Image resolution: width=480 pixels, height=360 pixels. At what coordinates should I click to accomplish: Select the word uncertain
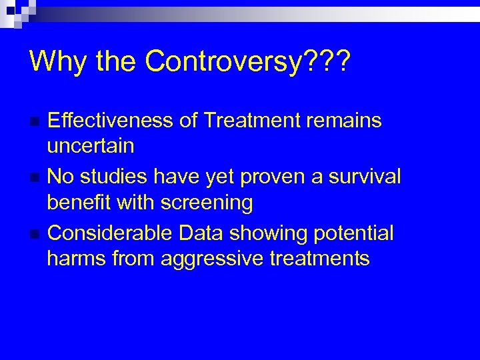[91, 145]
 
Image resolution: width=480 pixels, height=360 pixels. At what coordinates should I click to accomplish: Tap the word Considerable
[112, 233]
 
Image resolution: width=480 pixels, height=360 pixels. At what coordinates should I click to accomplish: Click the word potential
[354, 233]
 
